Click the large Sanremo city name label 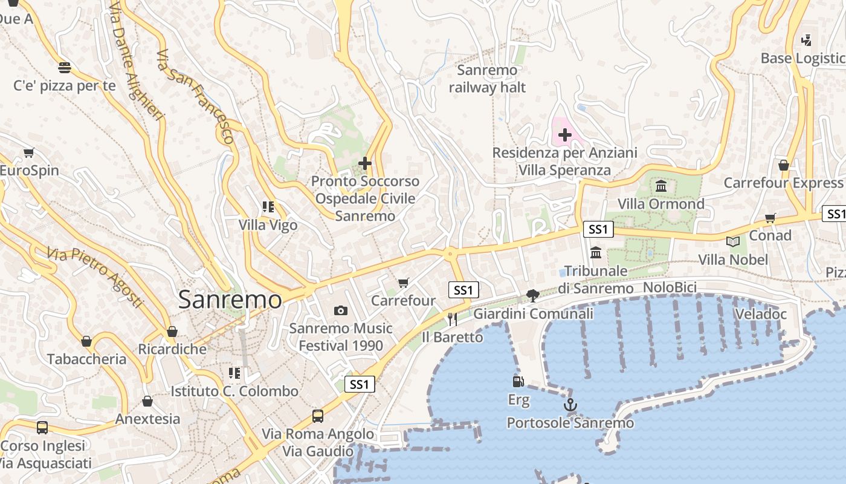[230, 300]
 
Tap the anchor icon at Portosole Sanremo [570, 404]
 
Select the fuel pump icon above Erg [518, 381]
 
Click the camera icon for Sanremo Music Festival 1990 [341, 310]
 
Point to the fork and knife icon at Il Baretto [452, 319]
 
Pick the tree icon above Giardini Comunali [533, 295]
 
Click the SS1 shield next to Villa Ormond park [598, 229]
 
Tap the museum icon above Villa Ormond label [661, 186]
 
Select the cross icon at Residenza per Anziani [564, 134]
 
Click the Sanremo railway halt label [487, 79]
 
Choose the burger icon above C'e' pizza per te [65, 67]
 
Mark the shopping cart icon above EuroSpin [29, 152]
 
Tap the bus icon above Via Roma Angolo [318, 416]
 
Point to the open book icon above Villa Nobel [733, 241]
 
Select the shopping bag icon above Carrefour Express [784, 165]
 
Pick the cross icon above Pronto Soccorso [365, 163]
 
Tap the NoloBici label [670, 287]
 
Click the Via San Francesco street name [195, 97]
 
